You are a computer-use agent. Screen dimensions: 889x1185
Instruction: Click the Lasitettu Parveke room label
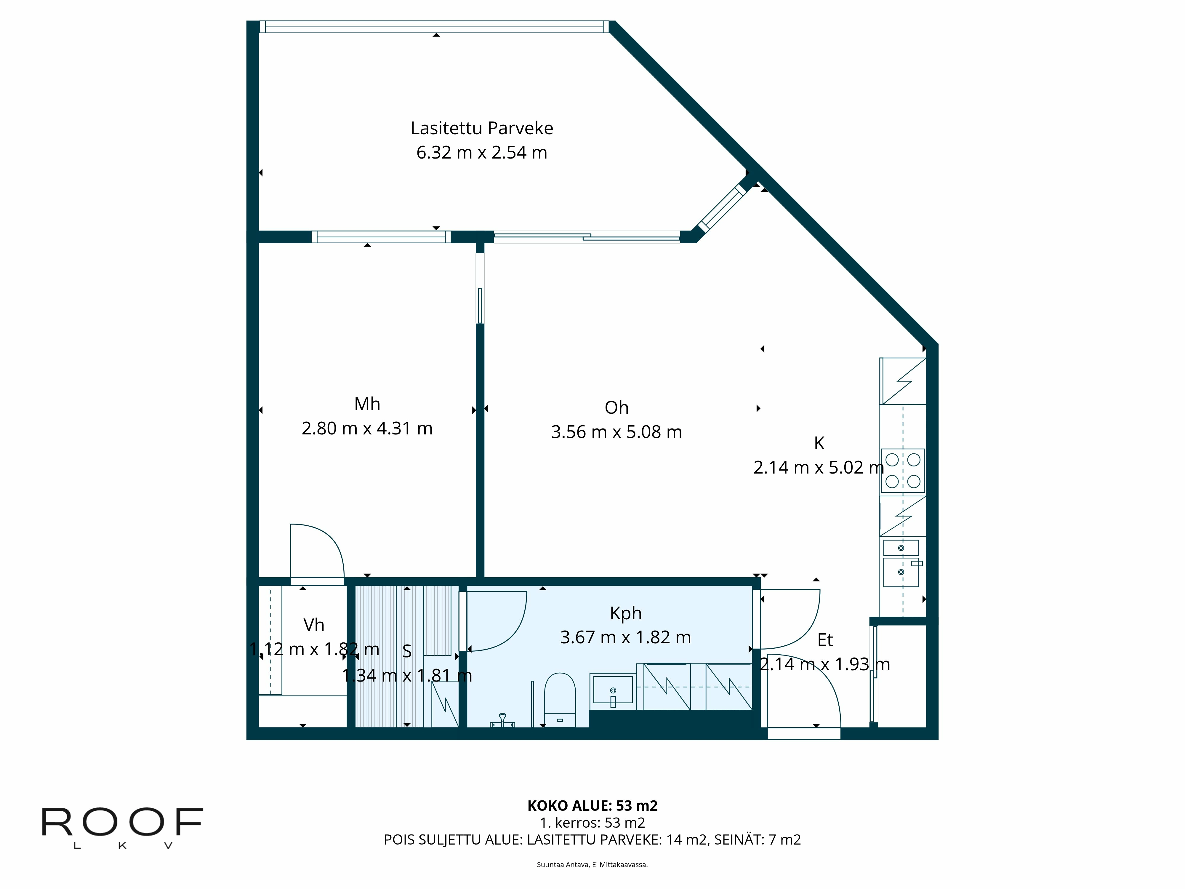coord(482,128)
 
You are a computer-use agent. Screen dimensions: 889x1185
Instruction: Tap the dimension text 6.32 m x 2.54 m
coord(482,153)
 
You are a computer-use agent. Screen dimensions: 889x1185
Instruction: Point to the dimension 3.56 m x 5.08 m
coord(616,432)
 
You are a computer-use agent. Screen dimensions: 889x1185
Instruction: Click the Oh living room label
coord(616,408)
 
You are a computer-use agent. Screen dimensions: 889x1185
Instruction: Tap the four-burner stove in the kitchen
coord(903,471)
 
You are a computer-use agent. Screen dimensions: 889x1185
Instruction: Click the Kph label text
coord(625,613)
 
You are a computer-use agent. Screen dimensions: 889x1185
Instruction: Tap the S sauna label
coord(407,651)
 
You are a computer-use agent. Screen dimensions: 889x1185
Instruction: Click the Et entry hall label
coord(825,640)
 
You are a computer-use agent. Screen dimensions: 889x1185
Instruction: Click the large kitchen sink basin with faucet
coord(901,572)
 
